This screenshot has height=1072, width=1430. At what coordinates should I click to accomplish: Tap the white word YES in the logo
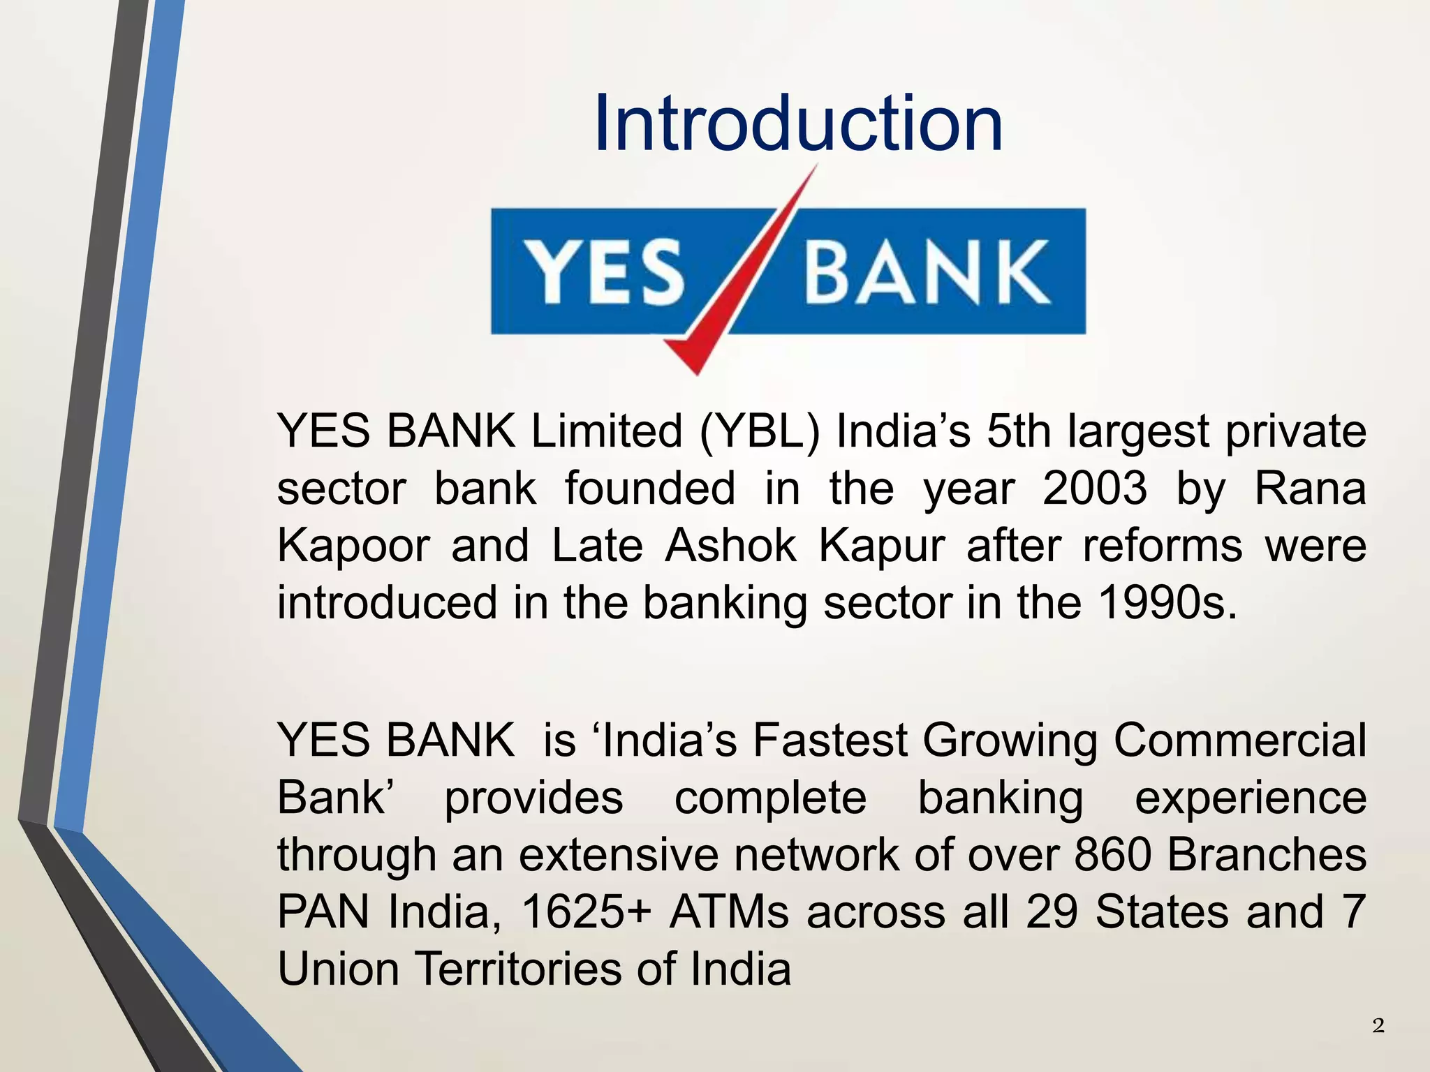pos(605,272)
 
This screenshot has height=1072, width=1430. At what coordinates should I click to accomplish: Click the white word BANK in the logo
pos(927,272)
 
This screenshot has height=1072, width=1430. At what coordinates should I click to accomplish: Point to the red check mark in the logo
pos(726,300)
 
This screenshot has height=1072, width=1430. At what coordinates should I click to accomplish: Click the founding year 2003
pos(1094,489)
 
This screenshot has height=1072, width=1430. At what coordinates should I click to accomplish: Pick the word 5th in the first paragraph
pos(1019,431)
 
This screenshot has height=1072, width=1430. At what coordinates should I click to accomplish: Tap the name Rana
pos(1310,489)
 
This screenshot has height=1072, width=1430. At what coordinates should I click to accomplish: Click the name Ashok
pos(730,546)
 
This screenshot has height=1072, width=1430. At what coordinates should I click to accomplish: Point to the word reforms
pos(1162,546)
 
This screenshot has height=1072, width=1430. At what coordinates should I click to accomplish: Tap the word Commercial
pos(1239,740)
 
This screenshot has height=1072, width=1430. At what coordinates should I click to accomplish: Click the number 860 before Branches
pos(1112,855)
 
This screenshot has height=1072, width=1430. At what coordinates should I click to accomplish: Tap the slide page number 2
pos(1378,1026)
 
